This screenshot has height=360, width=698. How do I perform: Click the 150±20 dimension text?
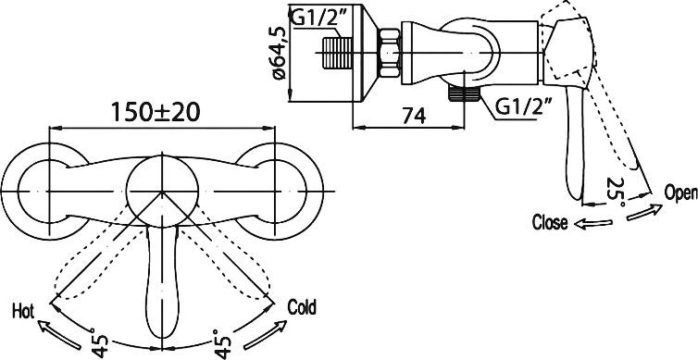point(155,112)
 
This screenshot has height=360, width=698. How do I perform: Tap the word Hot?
point(23,311)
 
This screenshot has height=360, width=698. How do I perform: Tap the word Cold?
point(302,307)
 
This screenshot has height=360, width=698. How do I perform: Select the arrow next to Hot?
point(59,334)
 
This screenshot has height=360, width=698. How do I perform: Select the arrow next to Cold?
point(266,335)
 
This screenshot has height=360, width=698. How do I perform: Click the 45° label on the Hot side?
point(100,343)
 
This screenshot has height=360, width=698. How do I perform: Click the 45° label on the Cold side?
point(222,343)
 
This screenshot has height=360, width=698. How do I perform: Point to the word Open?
point(680,193)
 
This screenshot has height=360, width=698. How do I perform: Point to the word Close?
point(550,222)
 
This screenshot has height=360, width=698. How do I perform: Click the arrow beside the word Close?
point(593,223)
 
